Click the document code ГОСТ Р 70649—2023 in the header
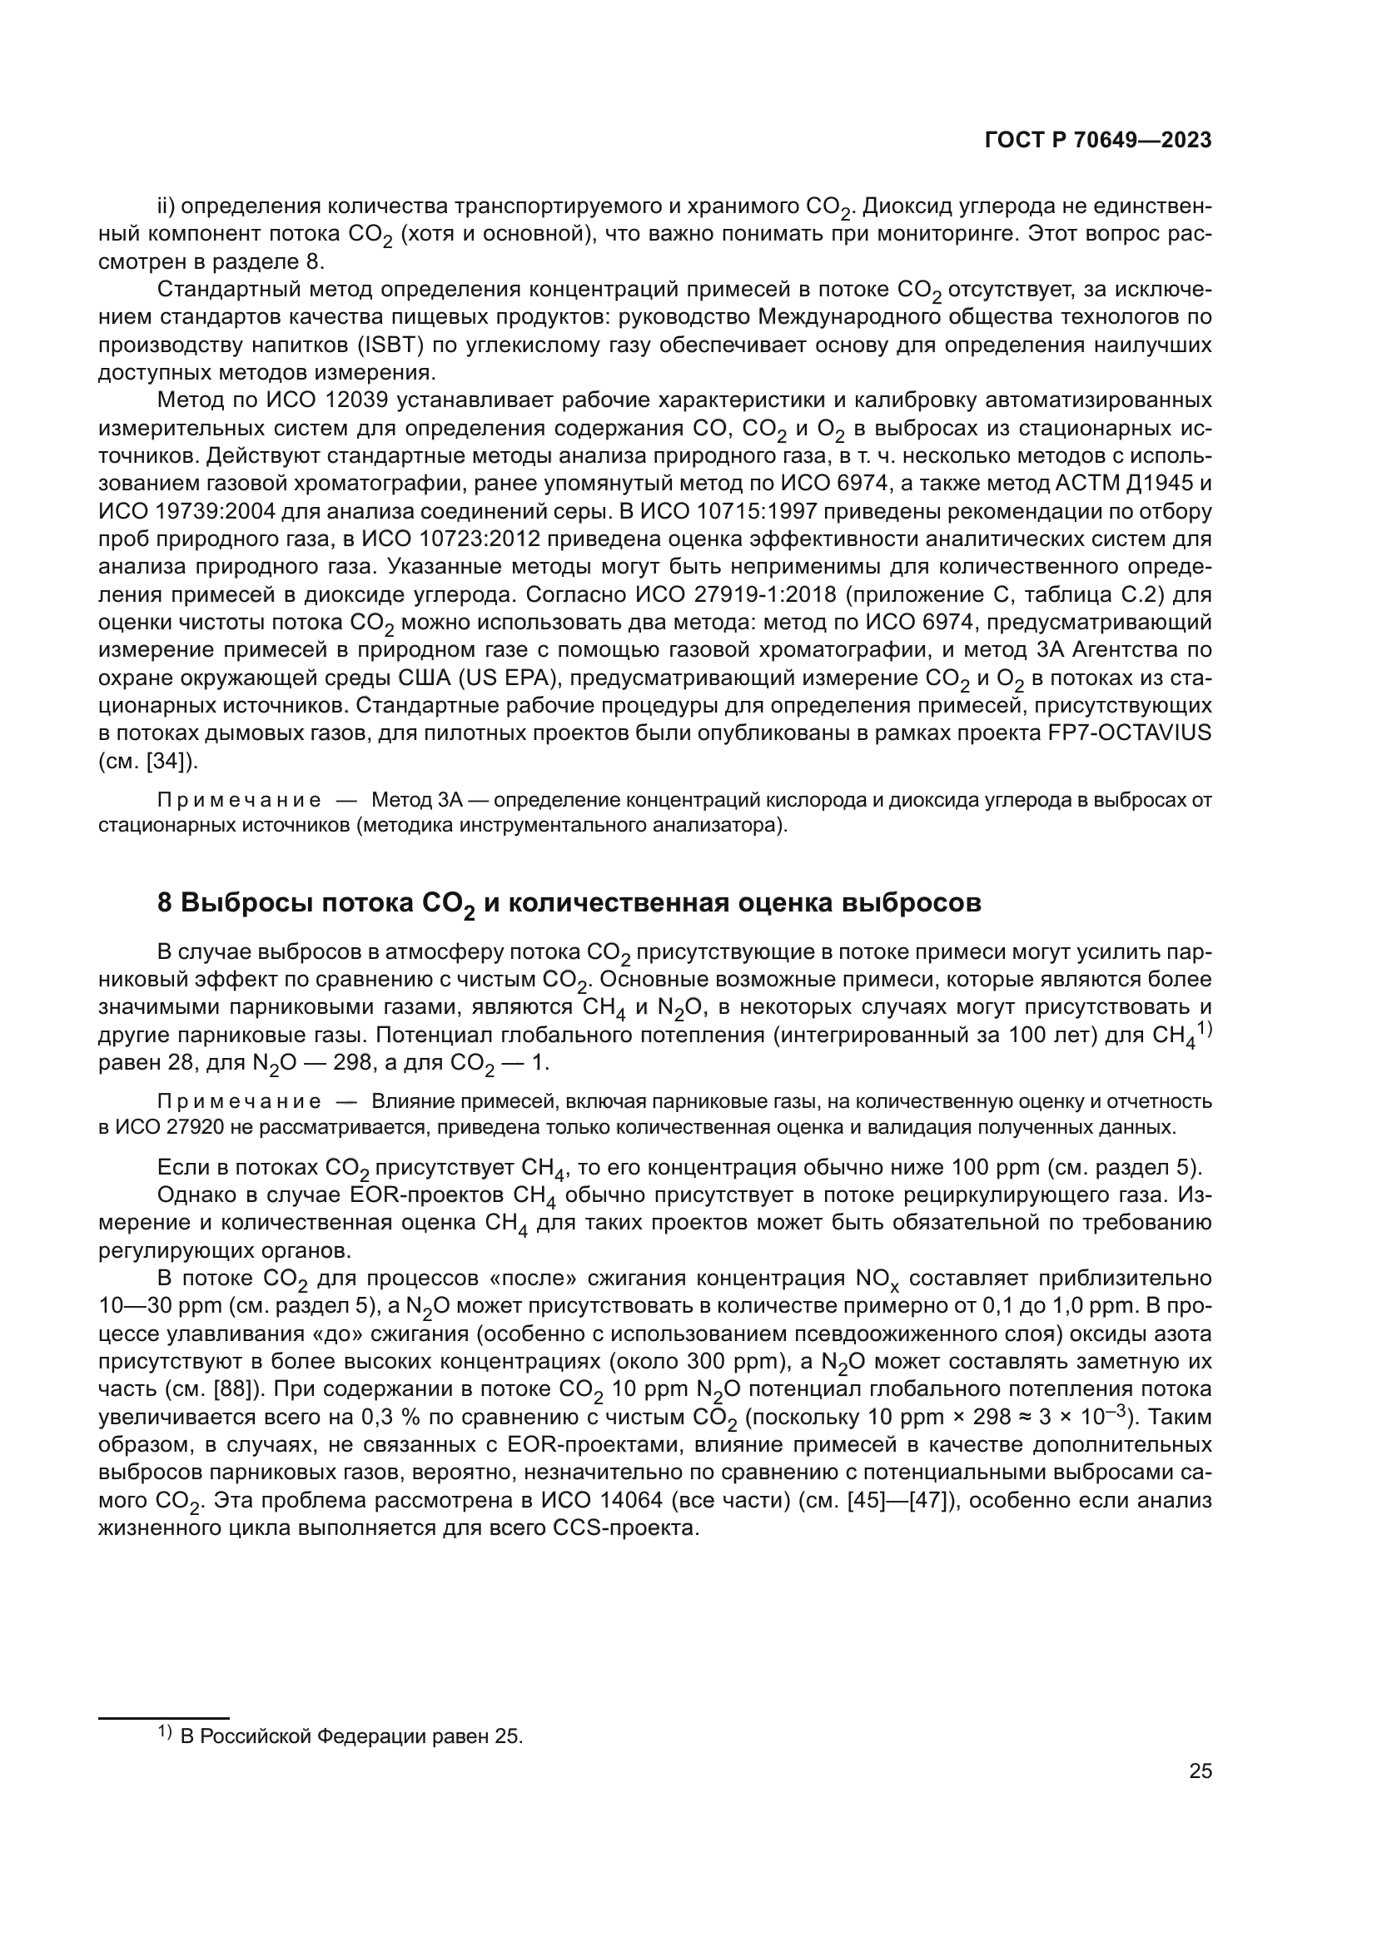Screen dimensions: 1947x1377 pos(1098,141)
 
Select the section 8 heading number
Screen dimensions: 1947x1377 pos(167,902)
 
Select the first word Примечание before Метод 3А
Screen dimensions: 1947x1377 pos(238,801)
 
